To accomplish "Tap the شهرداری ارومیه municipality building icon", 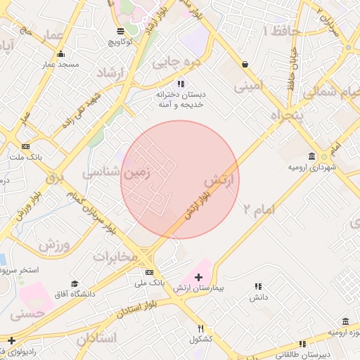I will pos(311,156).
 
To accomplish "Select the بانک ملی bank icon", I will pos(149,272).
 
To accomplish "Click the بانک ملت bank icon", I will pos(26,146).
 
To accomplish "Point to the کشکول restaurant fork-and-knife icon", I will pos(200,328).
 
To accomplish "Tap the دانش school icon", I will pos(258,286).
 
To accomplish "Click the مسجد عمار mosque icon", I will pos(61,54).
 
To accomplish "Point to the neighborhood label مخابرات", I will pos(115,256).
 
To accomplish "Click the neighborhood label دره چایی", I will pos(177,62).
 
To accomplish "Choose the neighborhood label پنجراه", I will pos(288,115).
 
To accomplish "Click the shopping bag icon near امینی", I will pos(245,64).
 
